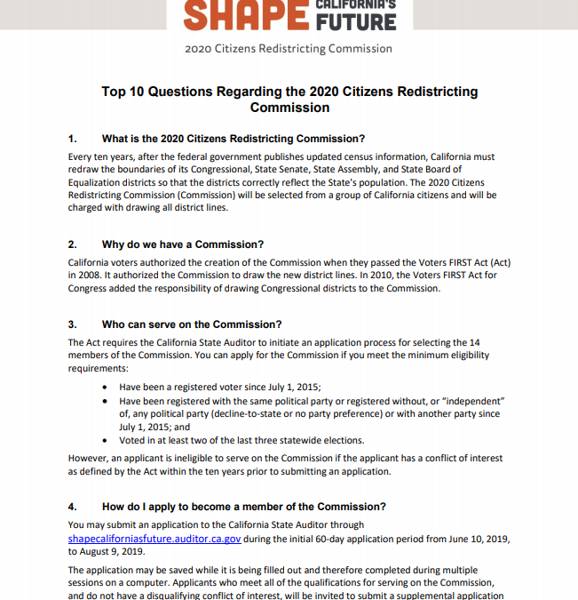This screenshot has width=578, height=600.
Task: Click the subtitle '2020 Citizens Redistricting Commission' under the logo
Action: (x=289, y=48)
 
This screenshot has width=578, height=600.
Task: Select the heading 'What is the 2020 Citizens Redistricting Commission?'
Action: (x=234, y=139)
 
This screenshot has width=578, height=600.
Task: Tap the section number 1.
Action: (x=73, y=139)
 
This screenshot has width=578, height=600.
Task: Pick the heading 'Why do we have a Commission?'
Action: (x=183, y=244)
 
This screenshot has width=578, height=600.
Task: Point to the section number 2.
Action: (x=73, y=244)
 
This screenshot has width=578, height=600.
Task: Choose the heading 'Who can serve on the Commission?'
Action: (x=191, y=324)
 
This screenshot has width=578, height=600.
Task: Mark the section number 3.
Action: (x=73, y=324)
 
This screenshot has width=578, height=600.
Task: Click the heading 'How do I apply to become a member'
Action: (x=244, y=507)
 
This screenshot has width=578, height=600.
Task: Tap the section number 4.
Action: (x=73, y=507)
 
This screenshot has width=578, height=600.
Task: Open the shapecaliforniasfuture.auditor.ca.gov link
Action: (x=154, y=539)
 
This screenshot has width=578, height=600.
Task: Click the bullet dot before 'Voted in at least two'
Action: (x=107, y=441)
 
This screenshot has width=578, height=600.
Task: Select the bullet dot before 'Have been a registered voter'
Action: (x=107, y=388)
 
